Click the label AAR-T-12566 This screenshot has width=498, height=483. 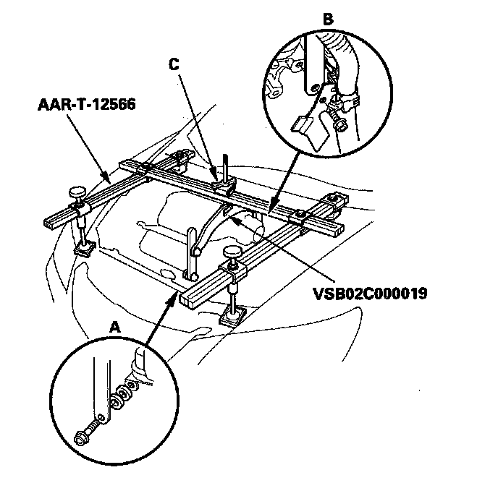click(85, 107)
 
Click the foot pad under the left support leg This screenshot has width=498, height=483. click(85, 248)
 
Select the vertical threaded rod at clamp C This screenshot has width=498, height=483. click(226, 165)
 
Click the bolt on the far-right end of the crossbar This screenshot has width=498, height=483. click(334, 198)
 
